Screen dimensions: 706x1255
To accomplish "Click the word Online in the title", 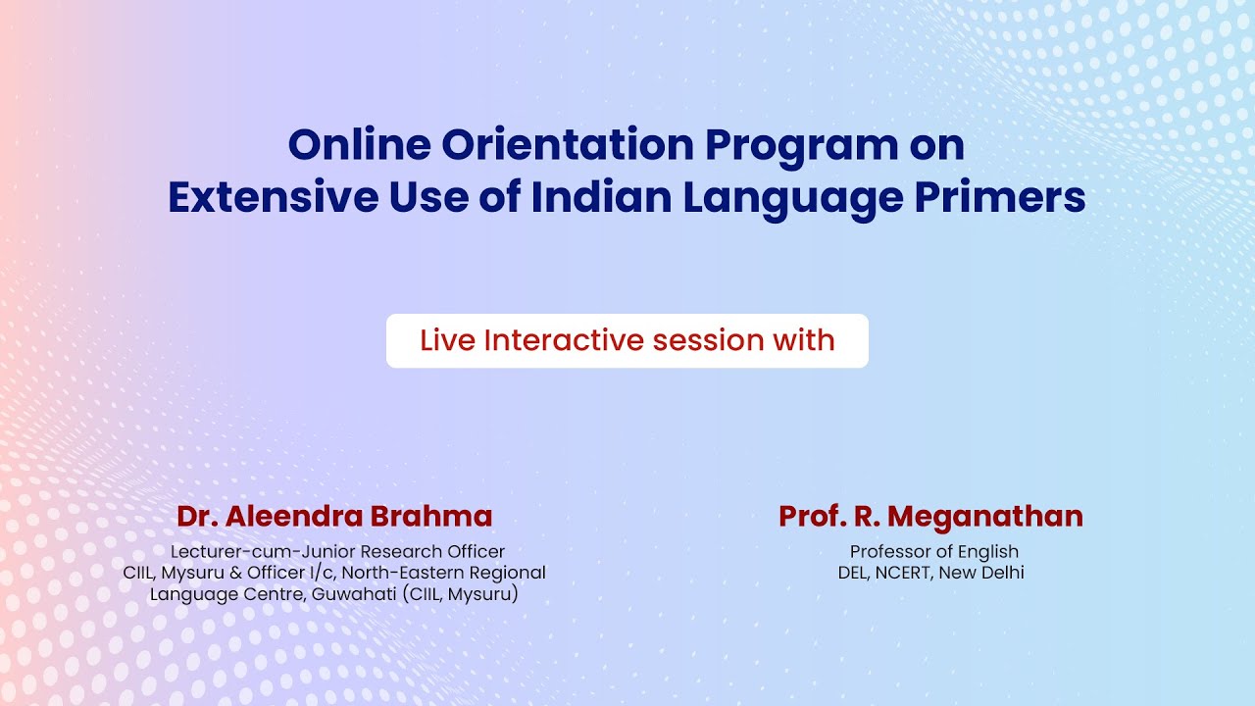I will click(x=359, y=145).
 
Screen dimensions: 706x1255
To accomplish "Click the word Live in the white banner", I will click(x=448, y=340).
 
